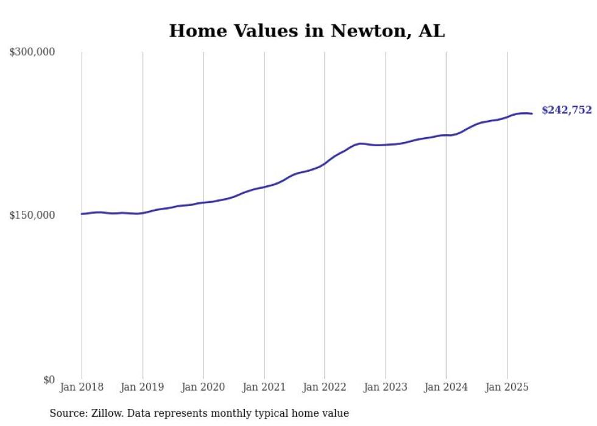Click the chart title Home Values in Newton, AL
tap(307, 31)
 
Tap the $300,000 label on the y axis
tap(32, 52)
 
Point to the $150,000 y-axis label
tap(32, 215)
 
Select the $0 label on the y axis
tap(49, 379)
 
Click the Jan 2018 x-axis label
tap(82, 387)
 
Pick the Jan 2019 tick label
tap(143, 387)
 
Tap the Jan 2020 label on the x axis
tap(203, 387)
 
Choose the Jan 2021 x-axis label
tap(264, 387)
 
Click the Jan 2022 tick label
tap(325, 387)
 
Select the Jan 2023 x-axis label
tap(386, 387)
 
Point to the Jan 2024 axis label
tap(446, 387)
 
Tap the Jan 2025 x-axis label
tap(507, 387)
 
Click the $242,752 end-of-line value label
tap(567, 110)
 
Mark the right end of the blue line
tap(532, 113)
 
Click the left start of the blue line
tap(82, 214)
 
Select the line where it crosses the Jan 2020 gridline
tap(203, 202)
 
